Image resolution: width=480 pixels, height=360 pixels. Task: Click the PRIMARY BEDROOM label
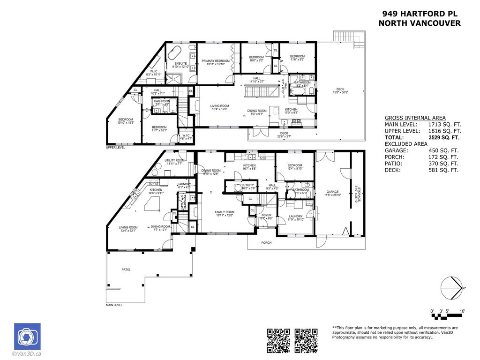(x=216, y=61)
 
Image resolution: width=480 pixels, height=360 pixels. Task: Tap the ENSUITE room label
(x=180, y=63)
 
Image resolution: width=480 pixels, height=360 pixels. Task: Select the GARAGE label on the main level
(x=332, y=192)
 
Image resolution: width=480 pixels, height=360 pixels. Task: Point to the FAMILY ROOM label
(x=225, y=212)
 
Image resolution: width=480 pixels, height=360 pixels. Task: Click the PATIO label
(x=126, y=270)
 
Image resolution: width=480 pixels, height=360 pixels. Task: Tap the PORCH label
(x=266, y=243)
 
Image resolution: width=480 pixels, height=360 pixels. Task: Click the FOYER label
(x=266, y=215)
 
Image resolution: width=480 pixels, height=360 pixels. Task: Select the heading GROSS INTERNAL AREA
(x=415, y=118)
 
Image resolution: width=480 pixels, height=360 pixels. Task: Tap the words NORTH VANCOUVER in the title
(x=419, y=23)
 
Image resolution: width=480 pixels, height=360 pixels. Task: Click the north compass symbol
(x=452, y=287)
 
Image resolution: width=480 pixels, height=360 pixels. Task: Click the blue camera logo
(x=27, y=337)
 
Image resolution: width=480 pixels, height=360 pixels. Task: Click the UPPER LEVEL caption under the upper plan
(x=115, y=148)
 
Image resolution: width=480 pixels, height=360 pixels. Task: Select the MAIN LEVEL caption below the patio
(x=114, y=305)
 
